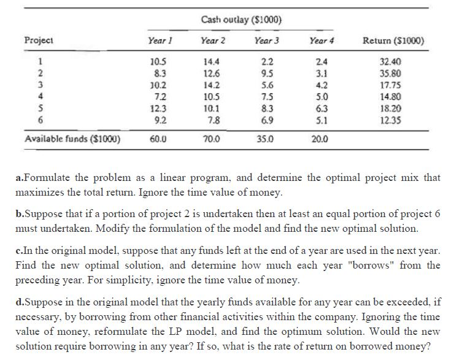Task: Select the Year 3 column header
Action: (x=266, y=41)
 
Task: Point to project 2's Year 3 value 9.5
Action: (x=266, y=74)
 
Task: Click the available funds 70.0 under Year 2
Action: (x=213, y=139)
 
